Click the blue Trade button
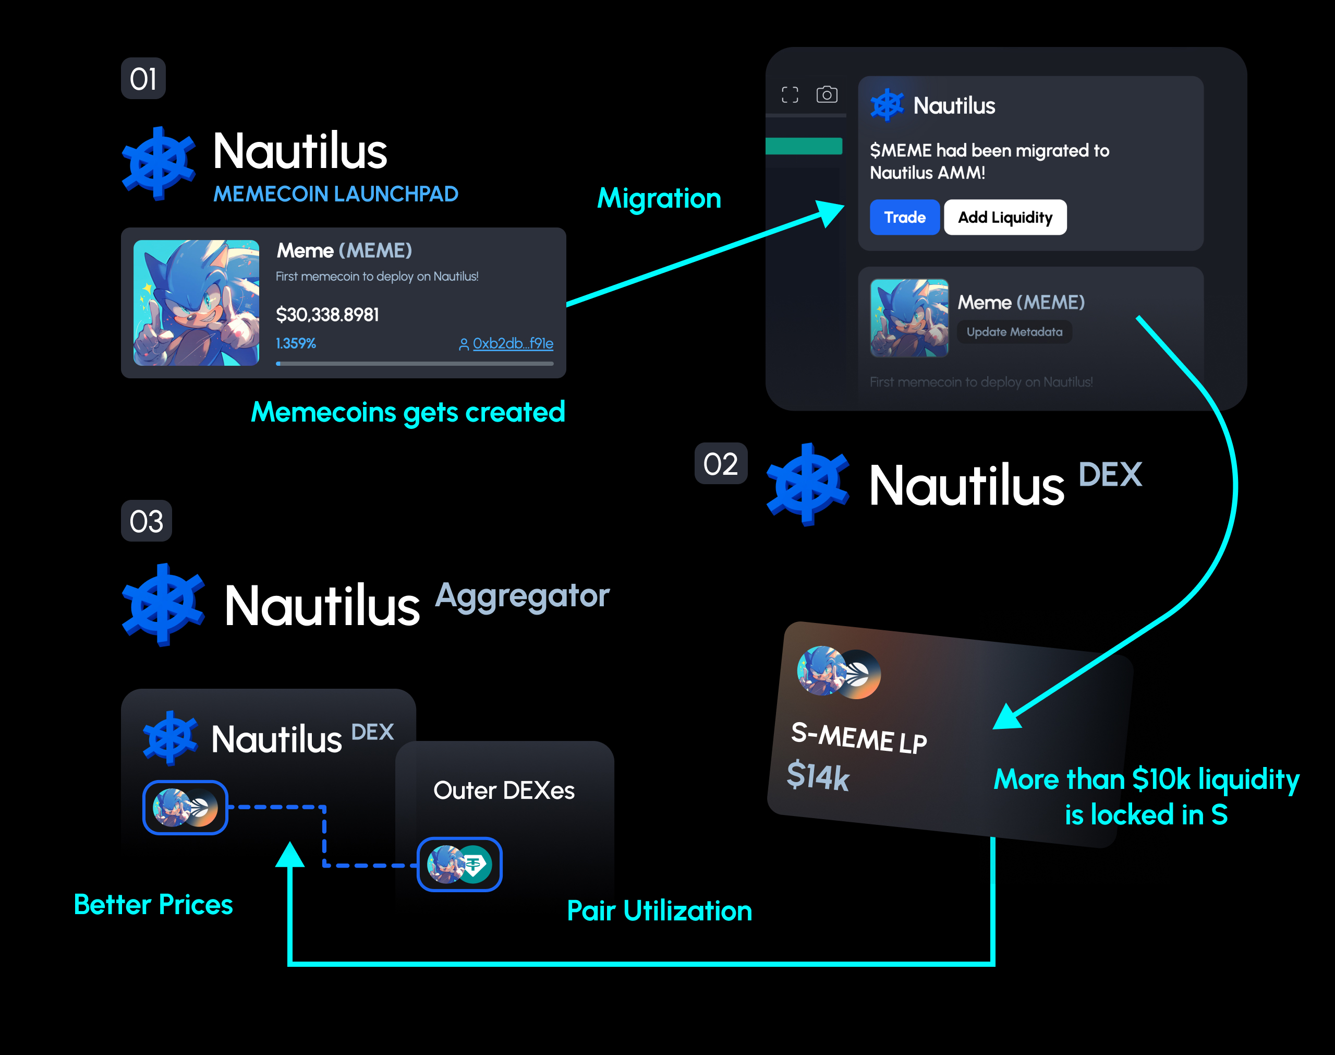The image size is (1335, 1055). [x=904, y=218]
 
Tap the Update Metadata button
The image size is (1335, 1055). [x=1014, y=332]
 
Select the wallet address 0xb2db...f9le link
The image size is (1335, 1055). [x=512, y=343]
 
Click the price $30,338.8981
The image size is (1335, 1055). [x=327, y=315]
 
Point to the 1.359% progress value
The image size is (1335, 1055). [x=296, y=343]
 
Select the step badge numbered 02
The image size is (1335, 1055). [x=720, y=464]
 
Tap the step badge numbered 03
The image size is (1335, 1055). [x=146, y=521]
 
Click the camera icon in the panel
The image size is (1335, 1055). [x=827, y=94]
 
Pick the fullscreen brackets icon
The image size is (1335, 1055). [x=790, y=94]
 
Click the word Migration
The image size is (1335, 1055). [x=659, y=198]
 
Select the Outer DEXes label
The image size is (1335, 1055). [x=504, y=790]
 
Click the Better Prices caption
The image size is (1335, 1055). [x=153, y=905]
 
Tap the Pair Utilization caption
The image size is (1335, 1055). [x=659, y=911]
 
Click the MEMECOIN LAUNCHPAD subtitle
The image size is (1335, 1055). [x=335, y=194]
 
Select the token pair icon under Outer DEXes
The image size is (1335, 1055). [x=460, y=864]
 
